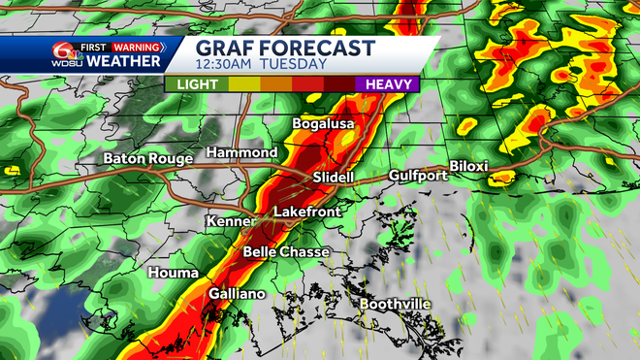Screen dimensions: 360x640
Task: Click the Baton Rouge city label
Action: pos(146,158)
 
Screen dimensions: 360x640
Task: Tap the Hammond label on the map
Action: pos(241,153)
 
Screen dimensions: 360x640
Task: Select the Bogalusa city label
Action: pos(324,124)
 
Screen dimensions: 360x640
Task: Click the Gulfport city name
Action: pos(418,176)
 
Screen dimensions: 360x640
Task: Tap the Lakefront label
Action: pos(307,211)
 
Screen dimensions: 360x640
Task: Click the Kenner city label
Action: pos(230,222)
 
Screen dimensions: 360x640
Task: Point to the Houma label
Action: pos(174,274)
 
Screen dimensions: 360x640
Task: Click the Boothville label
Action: pos(395,305)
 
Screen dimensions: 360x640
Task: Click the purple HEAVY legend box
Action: pos(386,84)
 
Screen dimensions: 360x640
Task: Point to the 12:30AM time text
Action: pos(227,65)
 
